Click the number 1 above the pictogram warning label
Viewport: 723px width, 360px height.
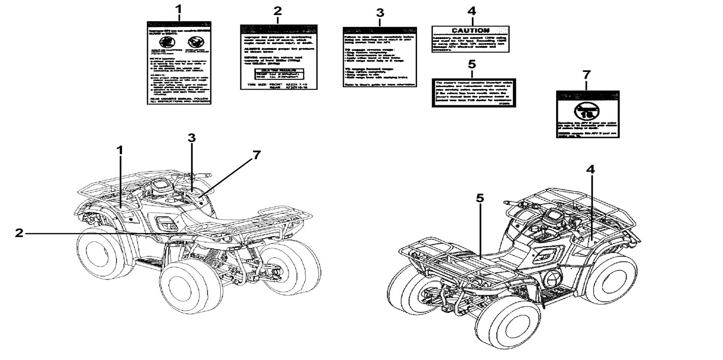(x=178, y=9)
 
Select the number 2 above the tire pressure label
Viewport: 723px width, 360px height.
(x=278, y=11)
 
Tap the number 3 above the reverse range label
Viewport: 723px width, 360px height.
(x=379, y=12)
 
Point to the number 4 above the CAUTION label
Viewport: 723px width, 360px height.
(x=471, y=11)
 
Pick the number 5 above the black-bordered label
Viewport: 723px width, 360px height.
(x=472, y=65)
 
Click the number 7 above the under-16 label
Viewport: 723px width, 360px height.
(x=586, y=75)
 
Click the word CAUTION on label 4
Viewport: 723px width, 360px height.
(x=470, y=31)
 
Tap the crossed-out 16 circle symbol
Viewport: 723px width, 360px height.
(x=585, y=112)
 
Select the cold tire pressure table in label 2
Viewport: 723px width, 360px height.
(x=279, y=74)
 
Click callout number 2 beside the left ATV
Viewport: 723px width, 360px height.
(x=19, y=232)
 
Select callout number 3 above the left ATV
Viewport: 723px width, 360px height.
(x=192, y=138)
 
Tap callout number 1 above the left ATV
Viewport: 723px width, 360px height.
(x=120, y=150)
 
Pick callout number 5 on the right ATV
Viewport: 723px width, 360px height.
(x=480, y=198)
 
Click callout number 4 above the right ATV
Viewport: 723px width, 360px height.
(x=591, y=169)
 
